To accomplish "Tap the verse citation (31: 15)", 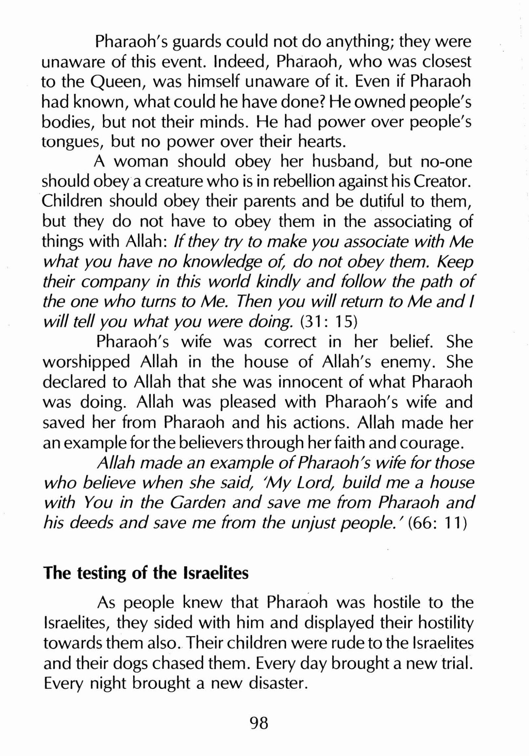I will click(329, 322).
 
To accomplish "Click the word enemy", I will click(408, 363).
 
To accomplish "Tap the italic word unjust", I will click(307, 523).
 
